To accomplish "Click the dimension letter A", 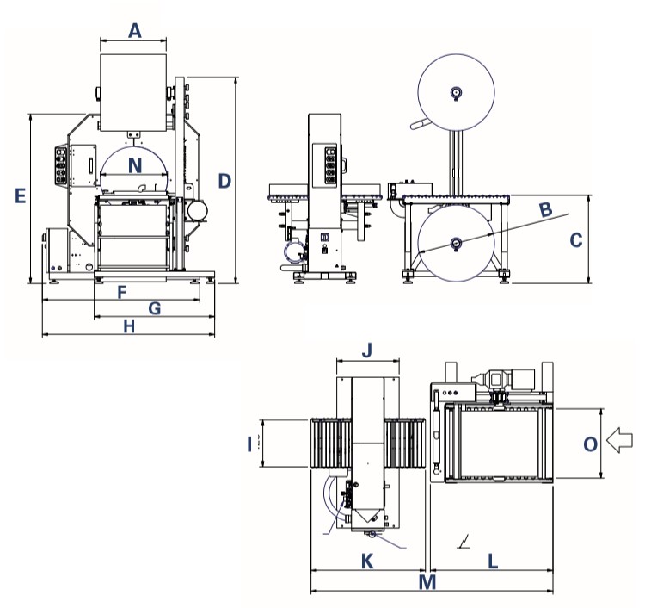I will (x=134, y=31).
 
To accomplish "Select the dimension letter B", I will (x=545, y=208).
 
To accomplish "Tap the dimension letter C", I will (x=577, y=240).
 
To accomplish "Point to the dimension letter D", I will (x=224, y=181).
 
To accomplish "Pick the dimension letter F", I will (x=122, y=292).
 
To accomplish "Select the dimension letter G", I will (x=155, y=307).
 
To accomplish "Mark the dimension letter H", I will (x=129, y=326).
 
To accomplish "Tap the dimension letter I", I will (x=249, y=444).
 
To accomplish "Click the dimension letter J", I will (x=366, y=351).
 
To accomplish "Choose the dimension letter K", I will (x=367, y=561).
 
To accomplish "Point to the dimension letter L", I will (x=493, y=561).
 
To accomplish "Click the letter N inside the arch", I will (x=133, y=164).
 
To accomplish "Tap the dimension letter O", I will (x=590, y=444).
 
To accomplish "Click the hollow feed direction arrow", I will (x=620, y=441).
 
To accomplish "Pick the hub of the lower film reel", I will (x=456, y=243).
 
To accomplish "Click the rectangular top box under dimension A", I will (x=133, y=91).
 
